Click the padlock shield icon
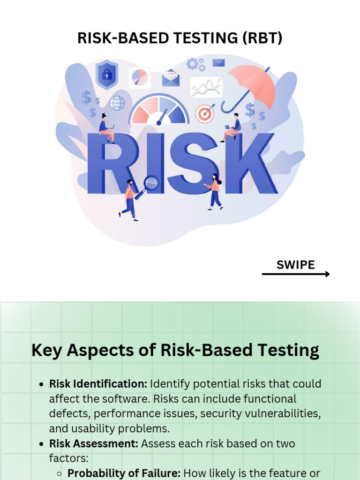[107, 75]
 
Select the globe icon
[117, 103]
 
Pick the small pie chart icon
[139, 77]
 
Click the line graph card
[206, 87]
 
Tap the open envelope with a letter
[171, 78]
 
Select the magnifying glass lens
[151, 182]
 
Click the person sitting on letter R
[106, 128]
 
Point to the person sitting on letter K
[232, 127]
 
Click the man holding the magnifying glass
[130, 199]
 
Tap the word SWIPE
[295, 264]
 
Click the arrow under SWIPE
[295, 274]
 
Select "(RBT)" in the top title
[262, 38]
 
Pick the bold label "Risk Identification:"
[98, 384]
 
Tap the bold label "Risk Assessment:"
[93, 443]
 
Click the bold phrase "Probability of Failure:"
[124, 473]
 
